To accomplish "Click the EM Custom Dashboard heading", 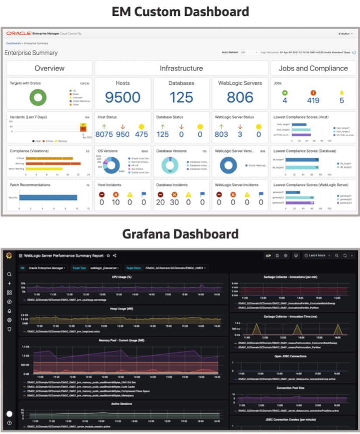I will pos(180,11).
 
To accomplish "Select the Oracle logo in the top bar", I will pos(18,33).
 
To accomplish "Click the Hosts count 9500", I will pos(122,97).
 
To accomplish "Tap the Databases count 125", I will pos(181,97).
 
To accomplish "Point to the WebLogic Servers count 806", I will pos(240,97).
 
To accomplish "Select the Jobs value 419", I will pos(313,100).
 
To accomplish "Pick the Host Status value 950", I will pos(123,134).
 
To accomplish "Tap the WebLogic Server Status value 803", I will pos(222,134).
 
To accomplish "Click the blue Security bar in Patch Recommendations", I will pos(48,198).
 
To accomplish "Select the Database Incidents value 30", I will pos(174,202).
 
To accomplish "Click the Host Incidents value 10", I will pos(116,202).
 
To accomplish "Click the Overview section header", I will pos(49,68).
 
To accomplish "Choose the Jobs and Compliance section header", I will pos(313,68).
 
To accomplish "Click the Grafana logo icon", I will pos(9,255).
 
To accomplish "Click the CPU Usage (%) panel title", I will pos(122,277).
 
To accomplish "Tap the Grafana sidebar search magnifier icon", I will pos(9,274).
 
